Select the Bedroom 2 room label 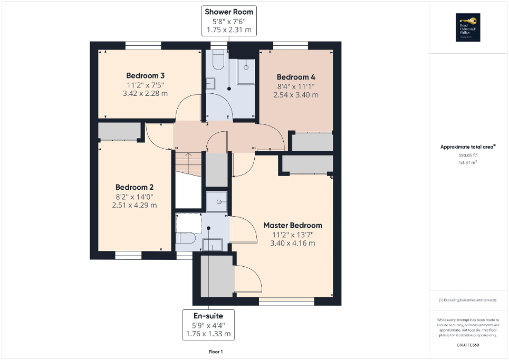point(135,187)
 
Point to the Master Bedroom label point(292,225)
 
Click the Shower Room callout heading point(229,12)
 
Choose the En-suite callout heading point(208,315)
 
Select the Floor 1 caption point(216,352)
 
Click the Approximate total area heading point(468,148)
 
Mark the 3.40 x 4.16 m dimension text point(292,243)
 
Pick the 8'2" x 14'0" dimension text point(135,197)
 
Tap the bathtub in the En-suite point(189,226)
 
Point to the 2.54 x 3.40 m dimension point(296,95)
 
